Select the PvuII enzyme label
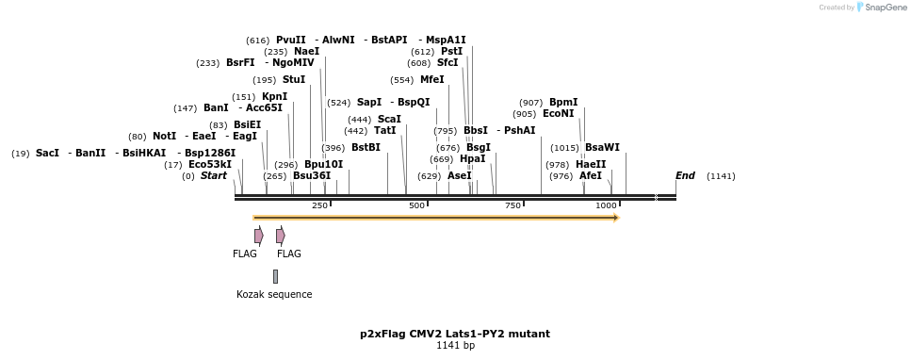coord(290,40)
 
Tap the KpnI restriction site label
coord(274,96)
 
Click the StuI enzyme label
coord(293,79)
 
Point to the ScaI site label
coord(388,119)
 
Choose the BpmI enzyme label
coord(562,102)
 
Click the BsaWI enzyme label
coord(602,147)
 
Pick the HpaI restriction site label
coord(472,158)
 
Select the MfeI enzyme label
coord(431,79)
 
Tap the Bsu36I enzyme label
coord(311,175)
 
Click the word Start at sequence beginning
coord(213,175)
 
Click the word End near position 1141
coord(685,175)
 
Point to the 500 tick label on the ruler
coord(416,205)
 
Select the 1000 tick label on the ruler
coord(606,205)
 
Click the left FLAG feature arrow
coord(258,236)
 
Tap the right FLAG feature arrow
coord(280,236)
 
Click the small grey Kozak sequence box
coord(275,276)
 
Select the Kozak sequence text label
coord(274,294)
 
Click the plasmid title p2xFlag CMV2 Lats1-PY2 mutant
coord(455,334)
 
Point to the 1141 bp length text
coord(455,346)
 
